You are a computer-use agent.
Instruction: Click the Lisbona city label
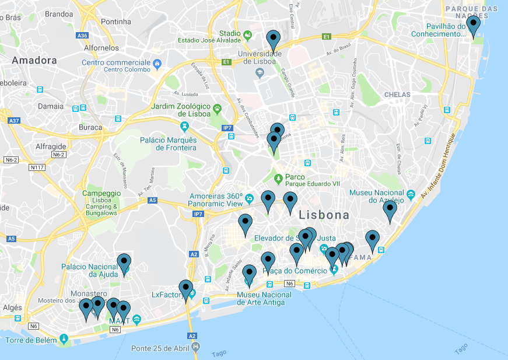click(x=324, y=215)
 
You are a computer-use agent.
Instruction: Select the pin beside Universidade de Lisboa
click(x=273, y=40)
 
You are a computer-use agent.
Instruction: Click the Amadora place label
click(x=34, y=60)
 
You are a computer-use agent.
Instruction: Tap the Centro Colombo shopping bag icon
click(x=157, y=63)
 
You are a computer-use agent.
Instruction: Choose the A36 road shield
click(x=82, y=36)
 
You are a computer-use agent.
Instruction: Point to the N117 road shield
click(x=37, y=168)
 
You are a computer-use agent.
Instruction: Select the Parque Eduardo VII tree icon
click(x=279, y=177)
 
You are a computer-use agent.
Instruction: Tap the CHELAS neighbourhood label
click(x=397, y=95)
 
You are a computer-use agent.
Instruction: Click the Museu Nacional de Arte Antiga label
click(x=264, y=299)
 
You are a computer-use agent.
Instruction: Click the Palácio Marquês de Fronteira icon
click(x=185, y=126)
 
